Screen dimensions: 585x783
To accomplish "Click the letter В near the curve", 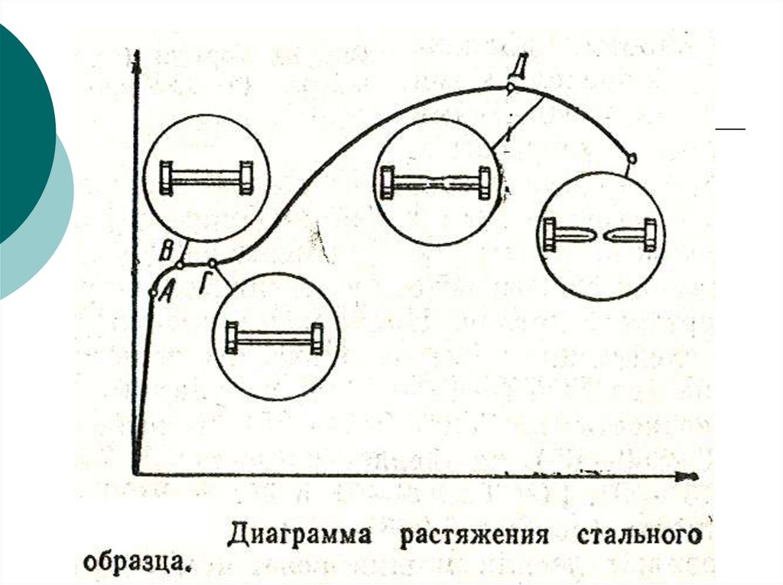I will point(167,249).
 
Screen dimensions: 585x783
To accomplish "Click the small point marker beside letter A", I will point(152,293).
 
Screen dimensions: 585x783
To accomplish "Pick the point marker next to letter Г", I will point(213,264).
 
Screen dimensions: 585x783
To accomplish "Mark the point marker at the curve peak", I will point(510,88).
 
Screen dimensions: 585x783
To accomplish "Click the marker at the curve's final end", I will point(632,158).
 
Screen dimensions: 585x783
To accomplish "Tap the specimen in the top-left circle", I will point(206,177).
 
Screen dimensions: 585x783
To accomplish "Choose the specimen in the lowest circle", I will point(275,338).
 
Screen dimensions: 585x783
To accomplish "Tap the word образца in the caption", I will point(134,564).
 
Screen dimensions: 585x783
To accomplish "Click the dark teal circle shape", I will point(19,130).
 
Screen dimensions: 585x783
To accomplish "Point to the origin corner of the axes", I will point(135,475).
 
